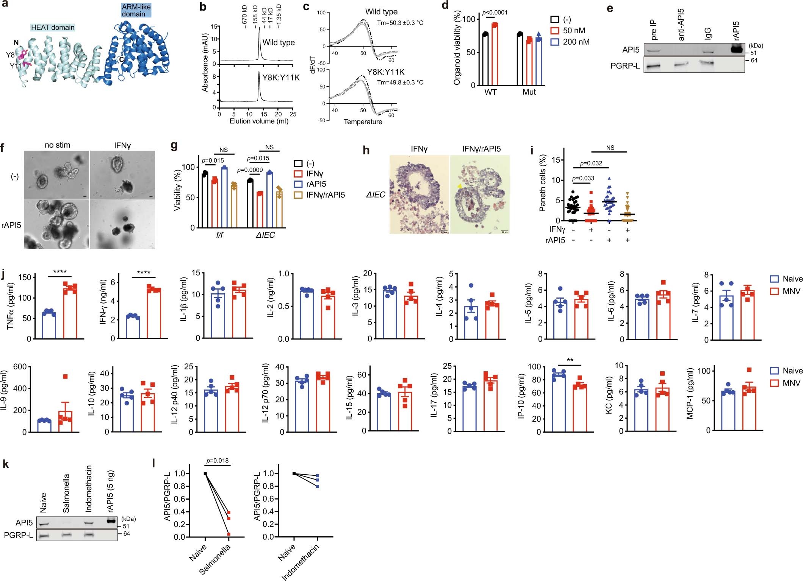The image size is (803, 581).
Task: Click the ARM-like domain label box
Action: click(136, 10)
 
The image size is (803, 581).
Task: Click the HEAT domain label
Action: click(53, 27)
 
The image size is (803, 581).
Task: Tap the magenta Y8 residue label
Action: click(10, 55)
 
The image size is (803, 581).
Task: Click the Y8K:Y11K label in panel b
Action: click(281, 78)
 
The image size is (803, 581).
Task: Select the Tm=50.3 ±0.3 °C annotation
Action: click(400, 23)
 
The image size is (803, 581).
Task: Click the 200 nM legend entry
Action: click(570, 42)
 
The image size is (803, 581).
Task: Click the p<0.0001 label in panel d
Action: click(495, 12)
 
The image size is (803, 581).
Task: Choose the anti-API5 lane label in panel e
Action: click(681, 25)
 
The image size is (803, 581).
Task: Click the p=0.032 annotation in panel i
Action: click(591, 163)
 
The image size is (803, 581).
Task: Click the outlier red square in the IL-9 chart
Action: click(65, 376)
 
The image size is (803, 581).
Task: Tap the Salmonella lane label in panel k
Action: click(66, 493)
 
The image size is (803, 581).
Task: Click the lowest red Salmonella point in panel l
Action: click(229, 534)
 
